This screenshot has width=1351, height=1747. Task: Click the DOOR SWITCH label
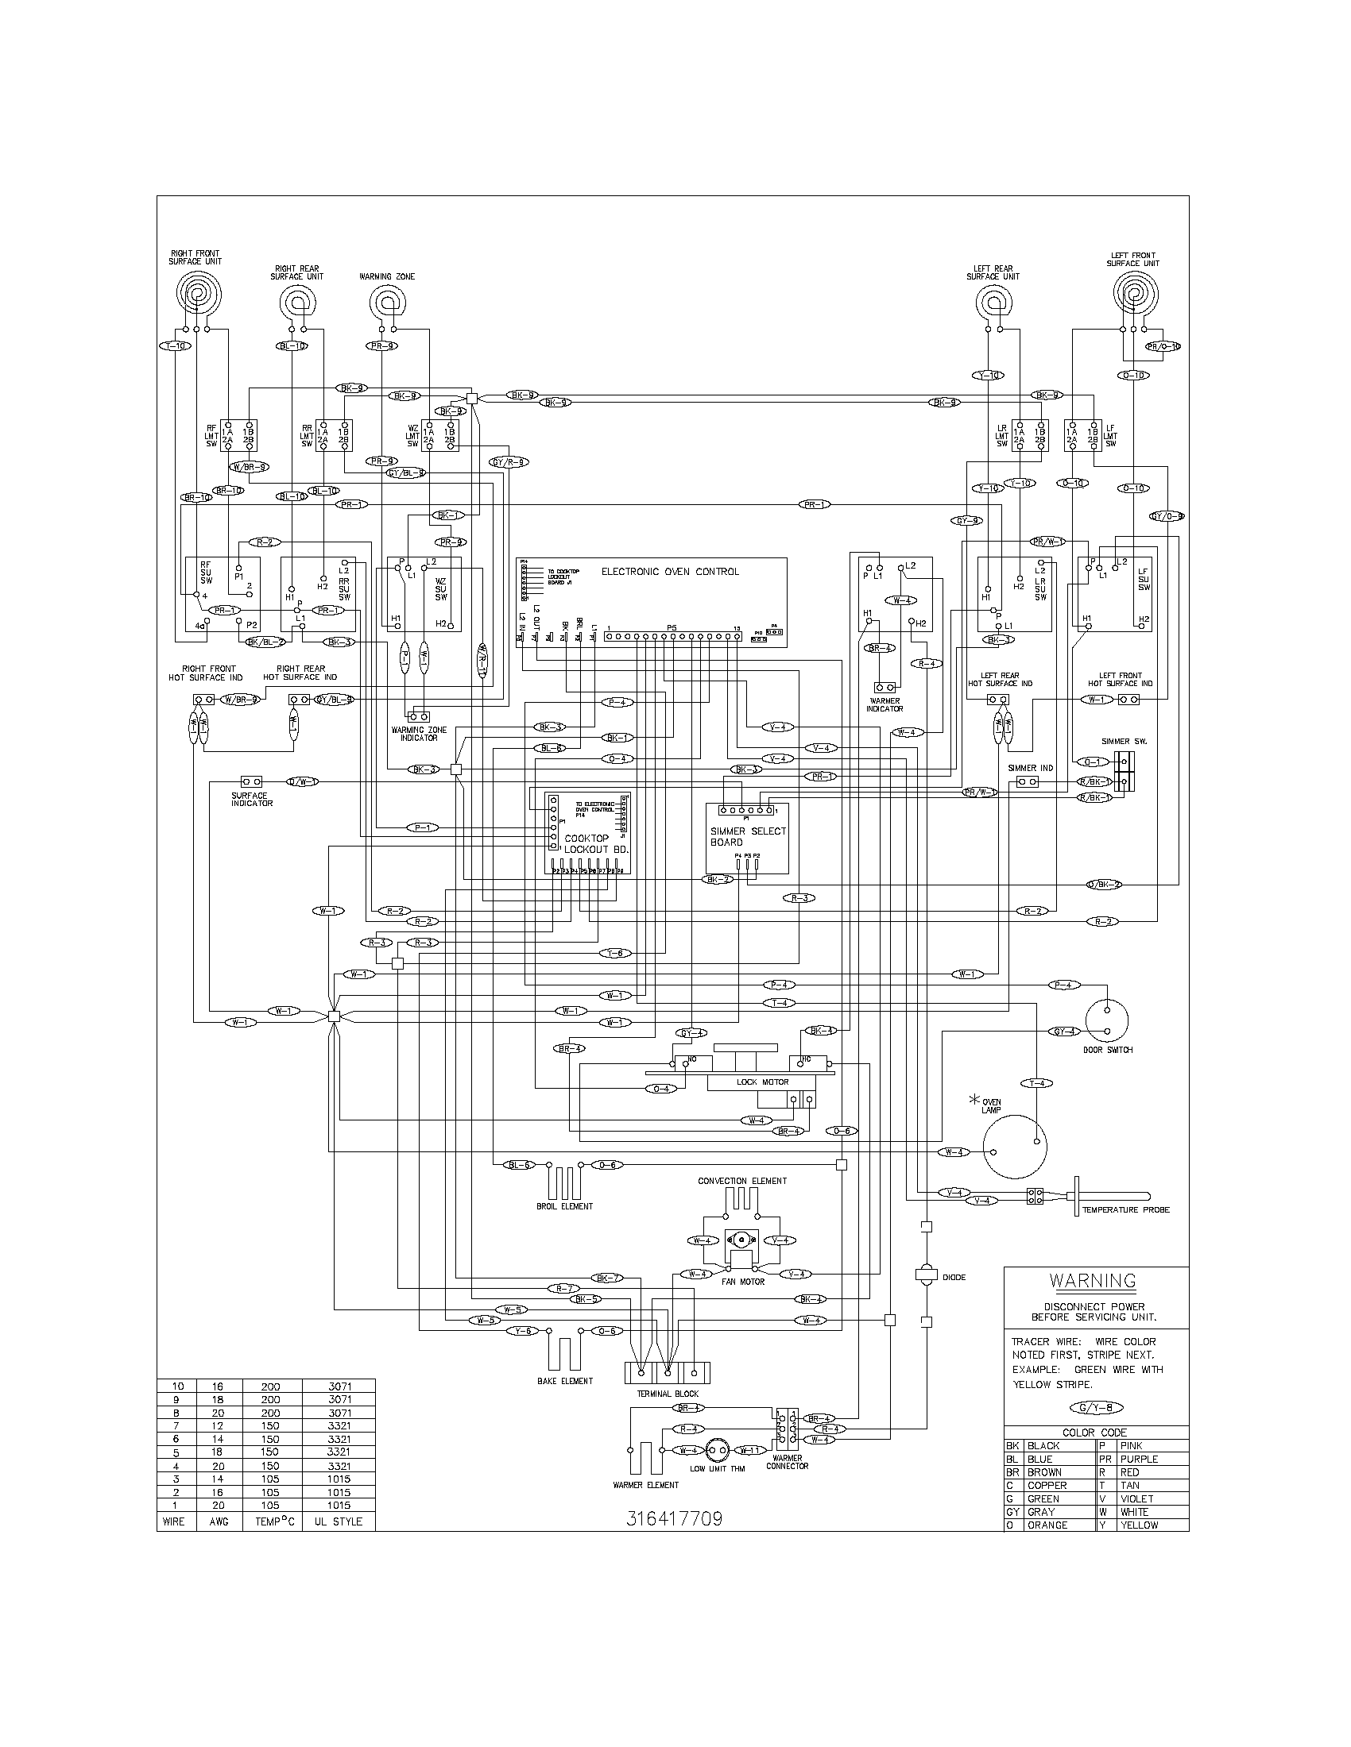pyautogui.click(x=1109, y=1051)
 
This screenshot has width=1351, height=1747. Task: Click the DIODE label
pyautogui.click(x=954, y=1278)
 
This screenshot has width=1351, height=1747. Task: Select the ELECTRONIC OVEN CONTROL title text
pyautogui.click(x=670, y=572)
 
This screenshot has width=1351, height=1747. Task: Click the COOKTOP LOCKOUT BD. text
pyautogui.click(x=586, y=843)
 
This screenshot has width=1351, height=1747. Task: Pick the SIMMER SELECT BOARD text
pyautogui.click(x=748, y=837)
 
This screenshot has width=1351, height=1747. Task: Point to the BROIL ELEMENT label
pyautogui.click(x=565, y=1206)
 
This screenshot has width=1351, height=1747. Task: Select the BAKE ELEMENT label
pyautogui.click(x=565, y=1382)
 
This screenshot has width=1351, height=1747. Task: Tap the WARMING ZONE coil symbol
pyautogui.click(x=387, y=303)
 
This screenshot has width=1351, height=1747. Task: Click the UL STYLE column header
pyautogui.click(x=338, y=1521)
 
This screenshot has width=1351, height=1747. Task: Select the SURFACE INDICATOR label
pyautogui.click(x=251, y=799)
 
